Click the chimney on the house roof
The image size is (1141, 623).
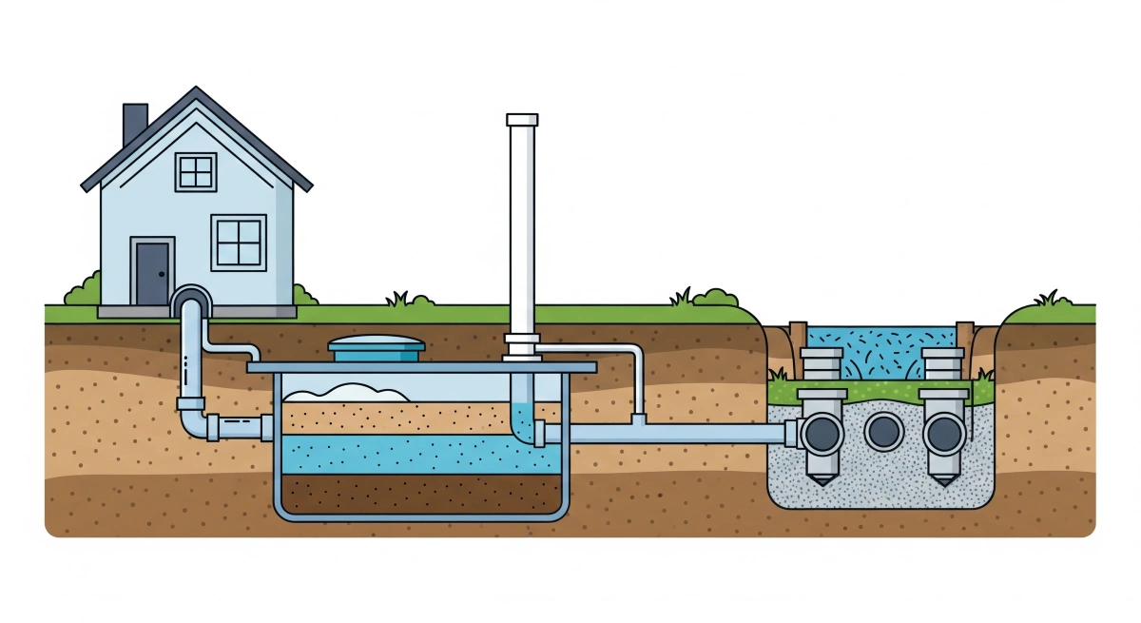click(135, 124)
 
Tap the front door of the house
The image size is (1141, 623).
click(152, 272)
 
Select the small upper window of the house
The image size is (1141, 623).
click(197, 172)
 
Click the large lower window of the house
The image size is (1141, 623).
click(238, 242)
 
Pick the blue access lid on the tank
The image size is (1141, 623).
click(376, 348)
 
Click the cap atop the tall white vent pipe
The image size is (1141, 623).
click(522, 119)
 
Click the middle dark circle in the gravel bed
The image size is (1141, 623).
click(883, 433)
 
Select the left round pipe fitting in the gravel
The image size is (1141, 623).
click(821, 434)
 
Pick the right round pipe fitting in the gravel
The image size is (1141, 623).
click(943, 434)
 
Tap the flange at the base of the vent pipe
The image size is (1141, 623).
click(522, 344)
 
